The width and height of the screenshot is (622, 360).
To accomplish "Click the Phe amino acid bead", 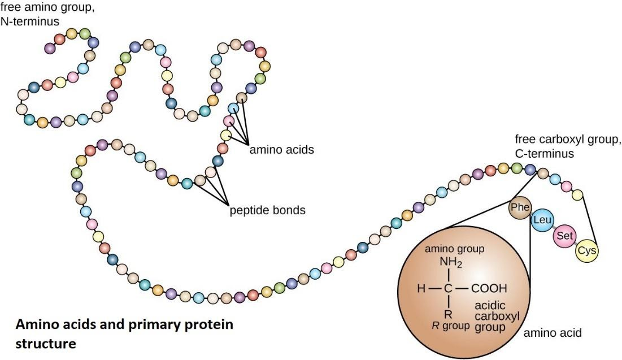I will coord(519,207).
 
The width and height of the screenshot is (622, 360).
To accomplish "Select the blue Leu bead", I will coord(542,220).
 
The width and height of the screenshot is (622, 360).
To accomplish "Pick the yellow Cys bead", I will coord(586,251).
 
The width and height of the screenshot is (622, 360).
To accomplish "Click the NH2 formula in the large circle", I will coord(451,263).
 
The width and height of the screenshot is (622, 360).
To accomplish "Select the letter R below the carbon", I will coord(447,315).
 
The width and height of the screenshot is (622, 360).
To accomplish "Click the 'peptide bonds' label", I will coord(267,210).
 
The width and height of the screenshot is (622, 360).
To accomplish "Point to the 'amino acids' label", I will coord(281,150).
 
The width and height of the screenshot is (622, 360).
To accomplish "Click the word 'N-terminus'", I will coord(30,21).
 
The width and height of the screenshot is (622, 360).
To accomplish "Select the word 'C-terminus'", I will coord(544,153).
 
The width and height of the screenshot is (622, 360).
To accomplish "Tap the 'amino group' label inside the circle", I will coord(454,249).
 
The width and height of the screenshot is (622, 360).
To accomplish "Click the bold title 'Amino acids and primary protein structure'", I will coord(124,334).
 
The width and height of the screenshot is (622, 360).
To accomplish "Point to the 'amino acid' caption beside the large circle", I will coord(552,333).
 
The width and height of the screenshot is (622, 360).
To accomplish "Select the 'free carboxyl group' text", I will coord(568,140).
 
